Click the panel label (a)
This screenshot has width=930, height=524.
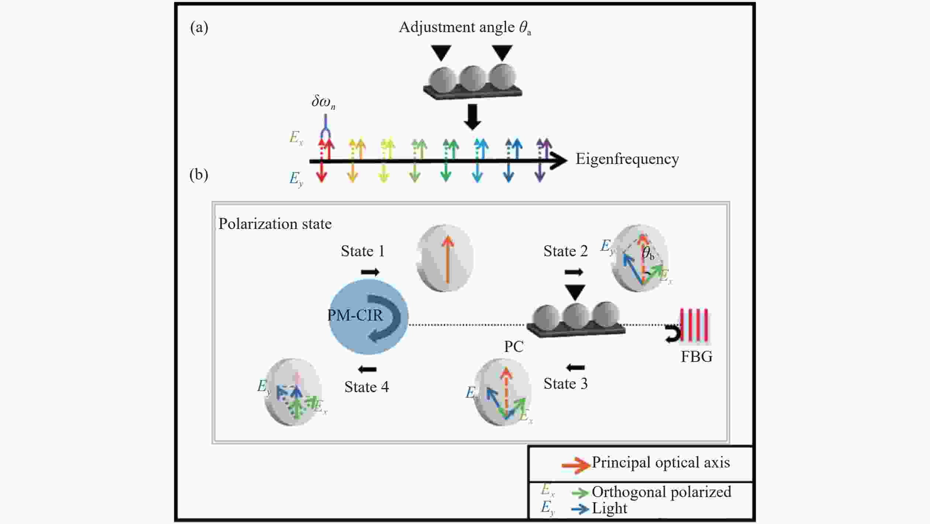pos(199,27)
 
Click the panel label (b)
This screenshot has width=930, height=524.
pos(199,174)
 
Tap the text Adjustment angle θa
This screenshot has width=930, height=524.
pos(465,28)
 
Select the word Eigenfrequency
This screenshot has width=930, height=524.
pos(627,160)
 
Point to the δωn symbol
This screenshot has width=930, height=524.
pos(323,102)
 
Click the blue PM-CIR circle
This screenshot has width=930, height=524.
pos(368,316)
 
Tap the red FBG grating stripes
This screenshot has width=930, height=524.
pos(694,325)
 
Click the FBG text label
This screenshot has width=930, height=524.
pos(696,357)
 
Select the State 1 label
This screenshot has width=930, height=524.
pos(363,251)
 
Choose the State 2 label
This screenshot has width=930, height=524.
pos(565,251)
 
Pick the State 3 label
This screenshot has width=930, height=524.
pos(565,384)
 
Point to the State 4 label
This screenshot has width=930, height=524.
pos(366,387)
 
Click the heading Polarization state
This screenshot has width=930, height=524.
pos(275,224)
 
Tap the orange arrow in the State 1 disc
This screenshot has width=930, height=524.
pos(448,260)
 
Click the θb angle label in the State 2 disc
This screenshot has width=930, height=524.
pos(648,253)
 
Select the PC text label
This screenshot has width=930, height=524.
pos(514,347)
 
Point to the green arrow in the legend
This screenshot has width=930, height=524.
pos(580,492)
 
